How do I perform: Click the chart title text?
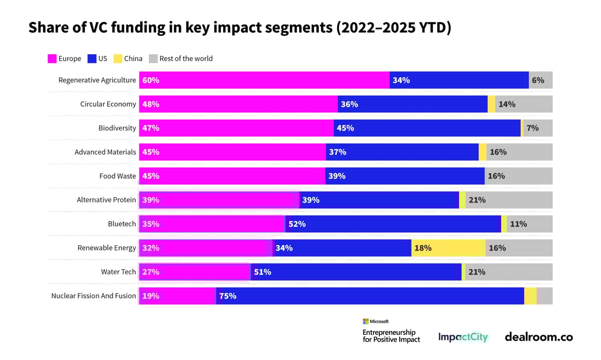point(239,28)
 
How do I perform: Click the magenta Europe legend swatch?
point(52,59)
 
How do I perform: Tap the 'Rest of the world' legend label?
point(186,59)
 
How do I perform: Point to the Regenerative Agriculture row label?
point(97,80)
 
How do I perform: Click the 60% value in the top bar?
point(151,80)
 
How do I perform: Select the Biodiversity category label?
point(117,128)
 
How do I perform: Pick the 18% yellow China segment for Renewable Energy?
point(449,248)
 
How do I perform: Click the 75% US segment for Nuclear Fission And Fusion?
point(370,296)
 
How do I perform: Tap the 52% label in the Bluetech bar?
point(297,224)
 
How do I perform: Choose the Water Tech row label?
point(119,272)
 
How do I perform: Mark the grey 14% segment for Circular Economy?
point(523,104)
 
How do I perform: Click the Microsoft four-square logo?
point(365,321)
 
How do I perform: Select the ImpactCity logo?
point(463,337)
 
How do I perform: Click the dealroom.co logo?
point(538,337)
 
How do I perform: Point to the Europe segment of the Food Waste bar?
point(232,176)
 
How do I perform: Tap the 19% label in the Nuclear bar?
point(151,296)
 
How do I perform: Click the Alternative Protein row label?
point(106,200)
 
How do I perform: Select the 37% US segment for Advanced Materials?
point(402,152)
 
